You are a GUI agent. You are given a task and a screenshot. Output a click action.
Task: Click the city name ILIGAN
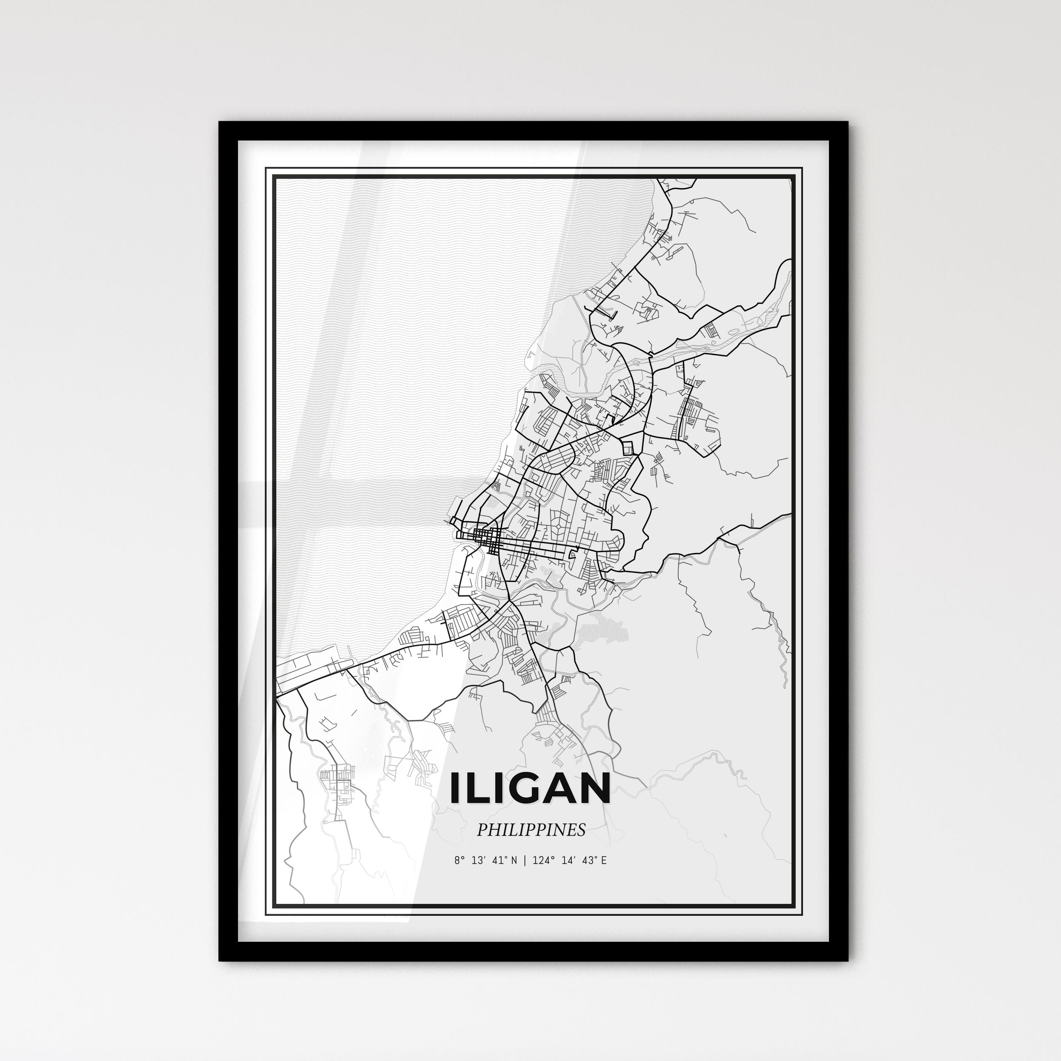tap(530, 789)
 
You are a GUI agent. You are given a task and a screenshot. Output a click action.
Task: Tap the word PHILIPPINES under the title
tap(530, 830)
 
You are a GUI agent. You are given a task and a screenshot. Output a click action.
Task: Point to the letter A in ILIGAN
tap(554, 789)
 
